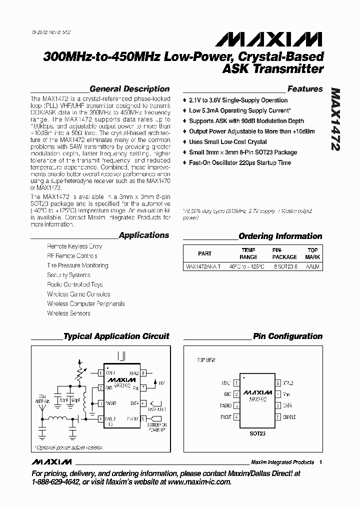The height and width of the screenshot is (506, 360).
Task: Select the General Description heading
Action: [129, 89]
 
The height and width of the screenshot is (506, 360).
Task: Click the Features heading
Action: [305, 89]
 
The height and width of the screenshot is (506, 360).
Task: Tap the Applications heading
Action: [144, 235]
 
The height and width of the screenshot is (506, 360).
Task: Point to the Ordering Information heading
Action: [280, 236]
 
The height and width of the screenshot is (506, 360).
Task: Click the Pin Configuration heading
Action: [287, 336]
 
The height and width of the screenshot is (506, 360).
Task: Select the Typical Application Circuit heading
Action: [116, 336]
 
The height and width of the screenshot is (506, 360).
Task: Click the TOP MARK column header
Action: [312, 253]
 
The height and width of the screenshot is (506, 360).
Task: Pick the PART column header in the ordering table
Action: [205, 253]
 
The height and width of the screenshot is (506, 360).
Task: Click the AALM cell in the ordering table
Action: [312, 266]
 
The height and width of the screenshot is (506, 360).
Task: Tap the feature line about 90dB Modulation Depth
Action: [246, 121]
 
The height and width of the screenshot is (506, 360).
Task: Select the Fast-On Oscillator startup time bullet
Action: [240, 163]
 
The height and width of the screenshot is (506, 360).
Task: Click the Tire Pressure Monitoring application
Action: [70, 265]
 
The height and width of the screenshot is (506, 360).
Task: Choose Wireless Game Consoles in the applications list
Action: [78, 294]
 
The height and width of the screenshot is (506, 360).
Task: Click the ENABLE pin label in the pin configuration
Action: [289, 416]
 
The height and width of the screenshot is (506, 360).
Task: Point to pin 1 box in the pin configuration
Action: [236, 383]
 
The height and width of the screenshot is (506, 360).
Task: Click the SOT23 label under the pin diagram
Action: [257, 433]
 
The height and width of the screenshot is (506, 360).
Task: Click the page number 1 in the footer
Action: [320, 462]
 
